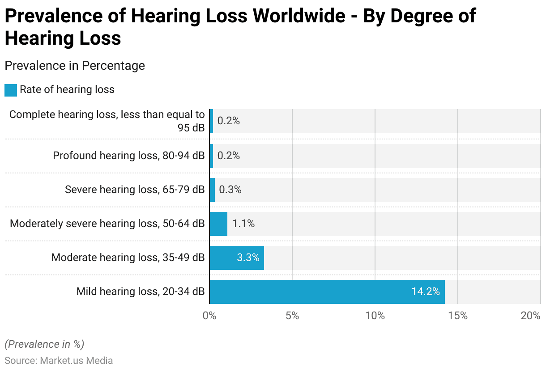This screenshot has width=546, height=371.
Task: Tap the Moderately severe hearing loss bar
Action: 218,224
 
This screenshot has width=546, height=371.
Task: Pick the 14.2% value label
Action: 425,292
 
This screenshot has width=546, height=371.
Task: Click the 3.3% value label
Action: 248,258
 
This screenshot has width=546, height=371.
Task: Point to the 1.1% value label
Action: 243,224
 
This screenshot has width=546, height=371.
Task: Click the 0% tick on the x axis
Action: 209,316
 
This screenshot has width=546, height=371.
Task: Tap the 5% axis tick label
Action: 292,316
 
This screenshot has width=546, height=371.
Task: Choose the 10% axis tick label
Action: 375,316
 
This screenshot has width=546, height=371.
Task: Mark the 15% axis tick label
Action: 457,316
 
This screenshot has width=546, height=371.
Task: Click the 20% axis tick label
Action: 531,316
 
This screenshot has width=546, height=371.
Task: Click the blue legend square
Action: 11,90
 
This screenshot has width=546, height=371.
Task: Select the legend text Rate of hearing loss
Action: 67,90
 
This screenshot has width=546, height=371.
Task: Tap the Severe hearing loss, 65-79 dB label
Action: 135,190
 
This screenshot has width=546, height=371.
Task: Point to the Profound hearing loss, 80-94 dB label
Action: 129,156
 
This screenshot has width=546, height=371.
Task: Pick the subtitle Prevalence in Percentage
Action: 75,66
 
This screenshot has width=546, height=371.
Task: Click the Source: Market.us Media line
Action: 59,360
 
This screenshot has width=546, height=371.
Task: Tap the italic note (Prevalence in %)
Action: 44,344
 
